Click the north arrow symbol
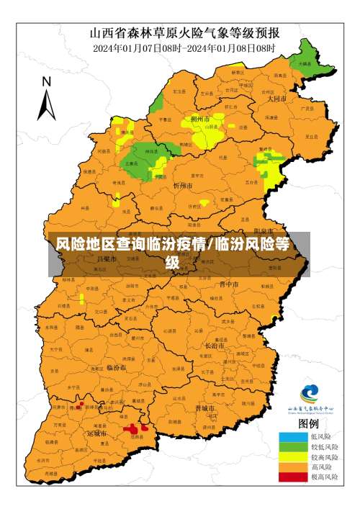point(47,102)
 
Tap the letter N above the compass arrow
point(46,81)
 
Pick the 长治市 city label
point(215,346)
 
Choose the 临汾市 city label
point(116,366)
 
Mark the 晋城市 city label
point(205,407)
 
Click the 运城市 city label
point(96,434)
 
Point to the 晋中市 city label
point(230,284)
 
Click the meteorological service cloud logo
point(310,394)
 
